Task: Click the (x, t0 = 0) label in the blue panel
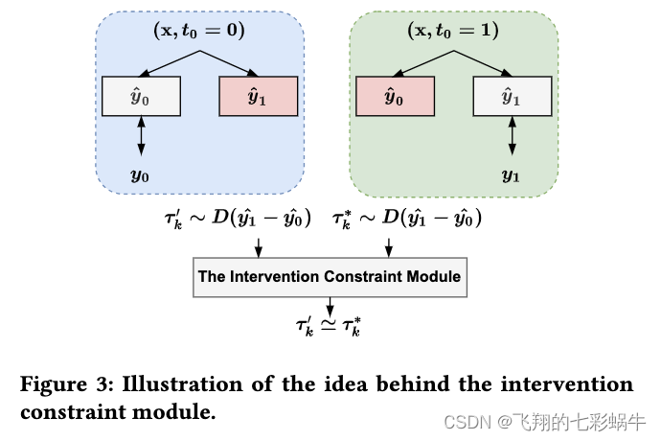click(x=199, y=30)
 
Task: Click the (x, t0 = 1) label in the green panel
click(x=452, y=30)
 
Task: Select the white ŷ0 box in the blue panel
click(x=141, y=96)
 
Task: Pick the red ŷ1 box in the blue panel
click(x=259, y=96)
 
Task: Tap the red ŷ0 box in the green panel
click(x=395, y=96)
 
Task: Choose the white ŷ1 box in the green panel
click(x=511, y=96)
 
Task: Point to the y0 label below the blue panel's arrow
click(x=140, y=175)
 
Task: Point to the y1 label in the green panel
click(x=511, y=175)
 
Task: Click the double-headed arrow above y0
click(x=141, y=136)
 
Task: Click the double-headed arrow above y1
click(x=511, y=136)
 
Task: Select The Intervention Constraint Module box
click(x=329, y=276)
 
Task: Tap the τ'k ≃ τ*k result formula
click(x=329, y=326)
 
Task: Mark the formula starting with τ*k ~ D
click(x=407, y=219)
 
